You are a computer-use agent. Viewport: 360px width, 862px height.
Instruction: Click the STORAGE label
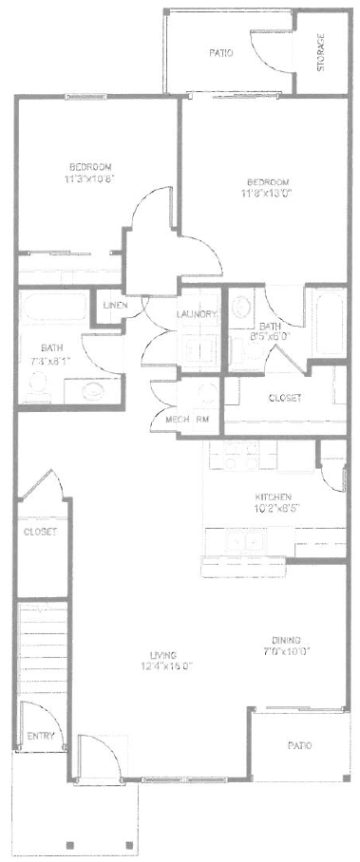[321, 52]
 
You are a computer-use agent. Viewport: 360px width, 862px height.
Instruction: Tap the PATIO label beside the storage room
[220, 54]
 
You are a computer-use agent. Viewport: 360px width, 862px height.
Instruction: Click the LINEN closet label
[115, 305]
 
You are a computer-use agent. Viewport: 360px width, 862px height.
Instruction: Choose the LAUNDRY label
[198, 314]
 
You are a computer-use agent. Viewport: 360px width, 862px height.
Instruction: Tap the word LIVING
[166, 654]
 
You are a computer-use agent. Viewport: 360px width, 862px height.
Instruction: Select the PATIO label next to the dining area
[299, 746]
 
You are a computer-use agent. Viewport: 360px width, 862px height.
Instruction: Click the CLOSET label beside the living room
[40, 533]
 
